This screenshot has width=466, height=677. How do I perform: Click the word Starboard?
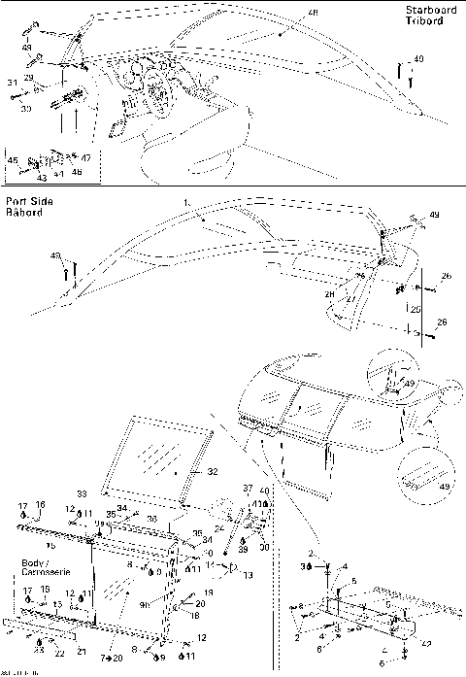tap(428, 10)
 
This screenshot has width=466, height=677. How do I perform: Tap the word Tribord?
tap(422, 20)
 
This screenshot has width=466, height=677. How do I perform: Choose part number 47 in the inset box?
tap(85, 157)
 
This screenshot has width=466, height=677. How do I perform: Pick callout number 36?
tap(152, 519)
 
